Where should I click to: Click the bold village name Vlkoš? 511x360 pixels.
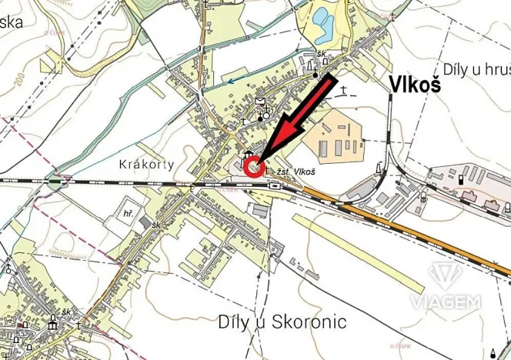pyautogui.click(x=415, y=85)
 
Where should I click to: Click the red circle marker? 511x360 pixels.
pyautogui.click(x=254, y=165)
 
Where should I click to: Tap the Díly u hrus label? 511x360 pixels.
pyautogui.click(x=473, y=69)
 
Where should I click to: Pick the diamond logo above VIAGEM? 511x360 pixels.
pyautogui.click(x=445, y=275)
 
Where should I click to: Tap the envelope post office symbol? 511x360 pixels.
pyautogui.click(x=261, y=102)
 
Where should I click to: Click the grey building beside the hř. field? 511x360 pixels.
pyautogui.click(x=146, y=222)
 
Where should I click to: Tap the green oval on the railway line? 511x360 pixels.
pyautogui.click(x=55, y=182)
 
